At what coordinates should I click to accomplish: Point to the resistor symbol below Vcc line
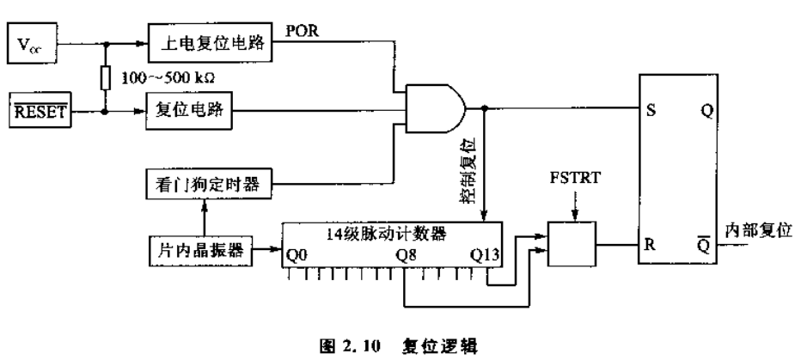click(x=107, y=77)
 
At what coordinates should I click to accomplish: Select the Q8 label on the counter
click(x=407, y=255)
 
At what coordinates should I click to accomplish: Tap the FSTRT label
click(x=578, y=182)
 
